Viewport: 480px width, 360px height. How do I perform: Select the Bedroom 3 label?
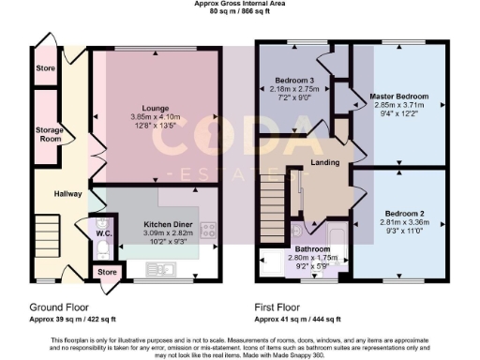(x=295, y=81)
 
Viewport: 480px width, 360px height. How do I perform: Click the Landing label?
(x=324, y=163)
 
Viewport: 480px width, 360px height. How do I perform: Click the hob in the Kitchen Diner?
(x=207, y=229)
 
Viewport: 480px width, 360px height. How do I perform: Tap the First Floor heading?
(x=280, y=306)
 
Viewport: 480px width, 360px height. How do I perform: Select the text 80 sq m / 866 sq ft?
(x=240, y=13)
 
